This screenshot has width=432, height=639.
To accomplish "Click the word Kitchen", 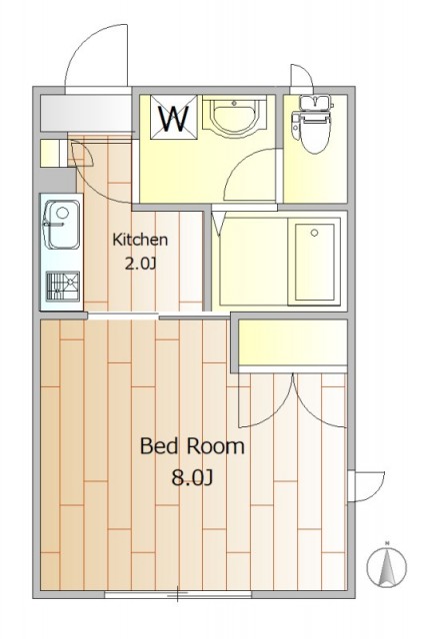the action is click(x=140, y=240).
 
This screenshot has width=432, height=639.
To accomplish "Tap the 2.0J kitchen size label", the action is click(x=140, y=264).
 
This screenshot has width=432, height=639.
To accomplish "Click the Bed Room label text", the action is click(x=192, y=446).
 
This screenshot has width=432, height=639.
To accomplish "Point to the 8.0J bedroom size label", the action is click(x=192, y=477).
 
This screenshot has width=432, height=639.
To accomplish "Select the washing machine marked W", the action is click(x=174, y=118).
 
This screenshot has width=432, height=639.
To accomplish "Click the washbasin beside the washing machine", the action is click(x=234, y=116).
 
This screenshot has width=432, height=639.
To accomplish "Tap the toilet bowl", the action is click(x=314, y=133).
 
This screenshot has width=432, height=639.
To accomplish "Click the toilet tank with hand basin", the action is click(x=315, y=102).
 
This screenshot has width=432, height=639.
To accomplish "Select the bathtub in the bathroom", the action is click(x=314, y=262).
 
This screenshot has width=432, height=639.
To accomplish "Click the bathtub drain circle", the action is click(x=314, y=233).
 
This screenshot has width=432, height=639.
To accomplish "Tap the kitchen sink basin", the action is click(x=62, y=224).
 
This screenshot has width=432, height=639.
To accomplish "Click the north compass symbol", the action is click(x=386, y=565).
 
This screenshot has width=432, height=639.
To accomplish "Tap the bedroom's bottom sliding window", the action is click(x=178, y=594).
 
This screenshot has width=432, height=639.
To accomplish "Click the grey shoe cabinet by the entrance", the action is click(x=86, y=113).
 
